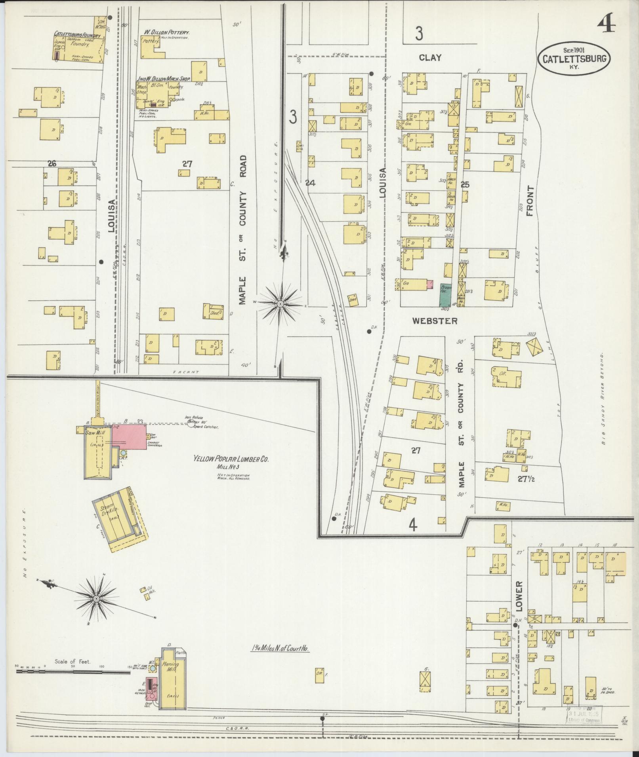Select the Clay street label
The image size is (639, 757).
click(x=430, y=58)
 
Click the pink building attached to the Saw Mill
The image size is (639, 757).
click(x=129, y=437)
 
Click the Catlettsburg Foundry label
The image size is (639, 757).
click(x=77, y=35)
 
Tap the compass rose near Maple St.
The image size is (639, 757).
click(x=280, y=304)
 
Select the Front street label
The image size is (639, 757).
click(x=530, y=201)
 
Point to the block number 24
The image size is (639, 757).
click(x=310, y=183)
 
